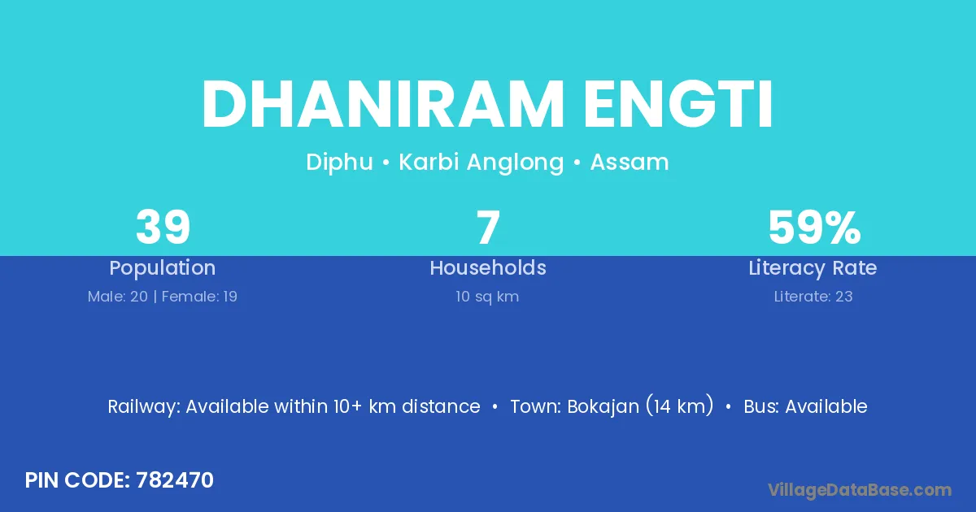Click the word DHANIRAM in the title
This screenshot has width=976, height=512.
coord(383,105)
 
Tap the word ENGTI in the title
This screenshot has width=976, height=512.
coord(678,105)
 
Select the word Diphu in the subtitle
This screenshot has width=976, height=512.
coord(339,163)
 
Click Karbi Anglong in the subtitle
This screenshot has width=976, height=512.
coord(481,163)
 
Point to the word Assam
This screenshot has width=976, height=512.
coord(630,163)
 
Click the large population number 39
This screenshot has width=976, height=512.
coord(163,228)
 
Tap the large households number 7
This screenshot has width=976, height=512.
coord(488,228)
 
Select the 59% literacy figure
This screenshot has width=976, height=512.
coord(814,228)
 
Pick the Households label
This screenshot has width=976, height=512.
coord(488,267)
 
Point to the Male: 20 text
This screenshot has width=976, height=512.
coord(118,297)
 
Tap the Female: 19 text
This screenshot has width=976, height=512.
coord(199,297)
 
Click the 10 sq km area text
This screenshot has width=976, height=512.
coord(487,297)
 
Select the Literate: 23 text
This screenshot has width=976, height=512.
coord(813,297)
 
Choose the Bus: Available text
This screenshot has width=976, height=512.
coord(806,406)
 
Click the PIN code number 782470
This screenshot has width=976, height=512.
coord(175,480)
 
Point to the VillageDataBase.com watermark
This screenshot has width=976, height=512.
coord(860,490)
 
